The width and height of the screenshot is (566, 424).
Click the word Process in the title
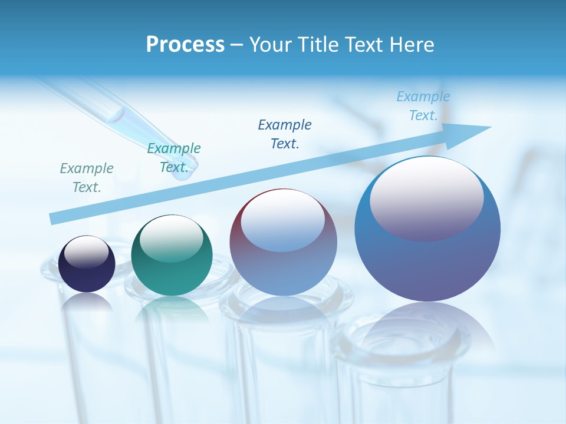point(185,45)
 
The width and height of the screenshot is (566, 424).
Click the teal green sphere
point(172,256)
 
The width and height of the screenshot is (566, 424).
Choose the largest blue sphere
point(427,229)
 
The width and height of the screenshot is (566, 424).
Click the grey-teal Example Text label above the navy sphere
point(87,178)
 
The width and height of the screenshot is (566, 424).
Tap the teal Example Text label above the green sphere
point(174,158)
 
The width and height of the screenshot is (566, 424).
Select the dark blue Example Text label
point(285,134)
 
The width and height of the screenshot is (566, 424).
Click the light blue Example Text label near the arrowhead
point(423,106)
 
